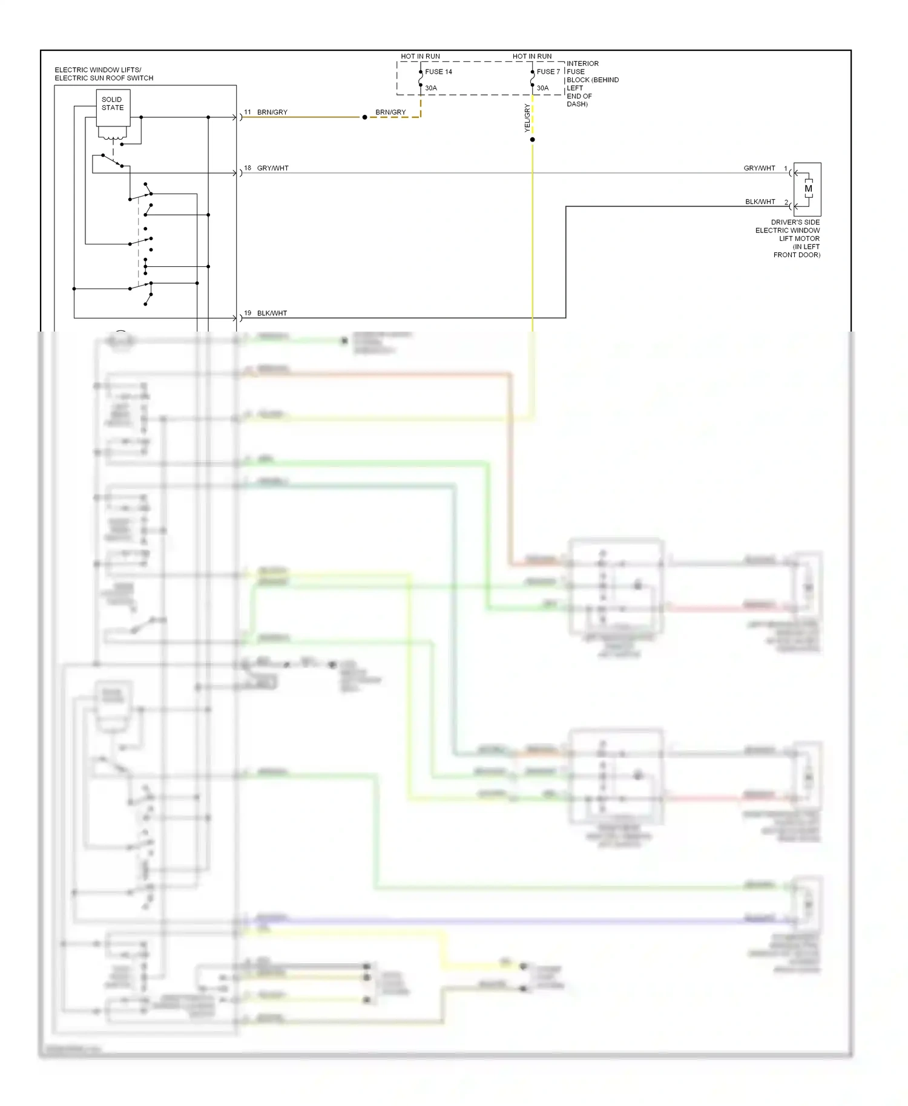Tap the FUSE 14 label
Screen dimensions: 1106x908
(438, 72)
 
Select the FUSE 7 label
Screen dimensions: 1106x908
(548, 72)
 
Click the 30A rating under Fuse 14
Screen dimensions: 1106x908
(431, 88)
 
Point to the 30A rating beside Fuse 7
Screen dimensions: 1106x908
(542, 88)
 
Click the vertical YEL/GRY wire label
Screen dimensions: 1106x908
(527, 118)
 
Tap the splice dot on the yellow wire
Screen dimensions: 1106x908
(533, 140)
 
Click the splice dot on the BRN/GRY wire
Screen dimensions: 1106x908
(364, 117)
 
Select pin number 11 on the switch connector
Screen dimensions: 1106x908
(248, 113)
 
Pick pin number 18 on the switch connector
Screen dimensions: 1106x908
(248, 168)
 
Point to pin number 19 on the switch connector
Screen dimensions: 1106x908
(248, 313)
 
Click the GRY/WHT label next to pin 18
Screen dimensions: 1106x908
(273, 168)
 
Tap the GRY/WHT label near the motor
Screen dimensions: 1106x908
(759, 168)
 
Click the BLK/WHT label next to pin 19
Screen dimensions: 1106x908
(272, 313)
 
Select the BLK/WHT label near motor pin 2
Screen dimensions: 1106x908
(760, 202)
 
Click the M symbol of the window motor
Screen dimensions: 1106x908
(808, 189)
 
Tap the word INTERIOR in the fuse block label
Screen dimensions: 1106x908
(582, 64)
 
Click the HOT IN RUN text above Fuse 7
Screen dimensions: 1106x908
(532, 56)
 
